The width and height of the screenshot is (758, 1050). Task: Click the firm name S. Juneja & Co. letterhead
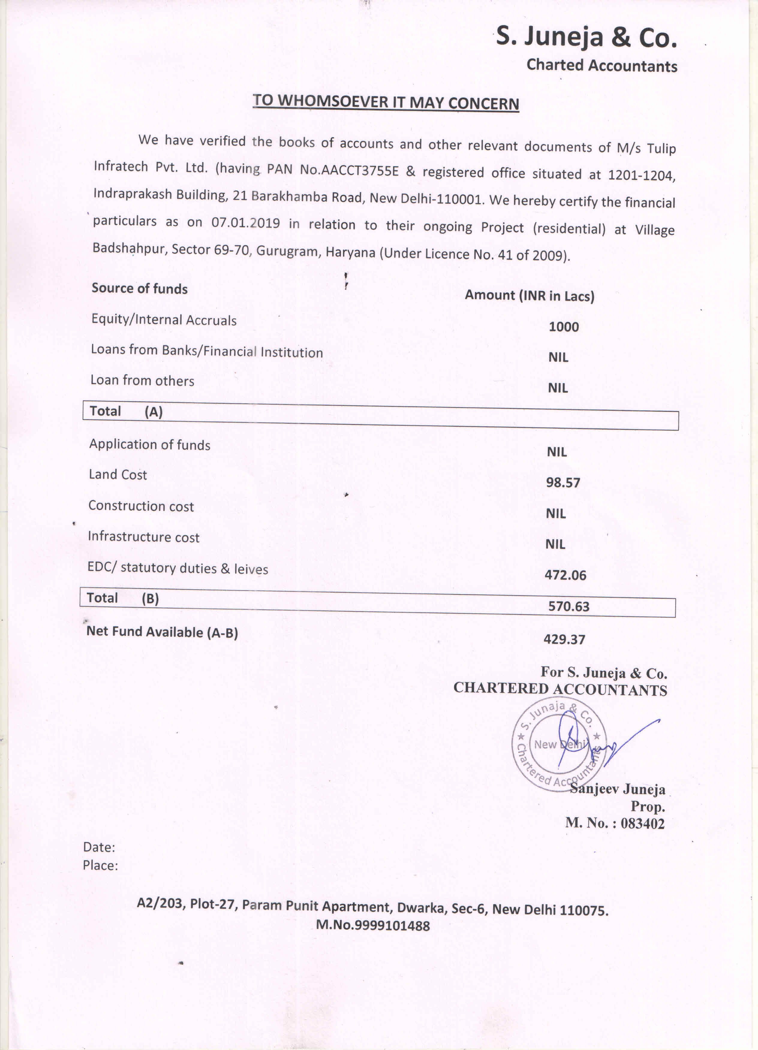586,37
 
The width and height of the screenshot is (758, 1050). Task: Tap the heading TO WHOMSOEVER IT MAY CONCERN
386,102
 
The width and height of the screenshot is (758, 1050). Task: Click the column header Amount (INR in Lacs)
530,295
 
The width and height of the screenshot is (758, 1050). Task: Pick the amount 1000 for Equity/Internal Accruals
563,327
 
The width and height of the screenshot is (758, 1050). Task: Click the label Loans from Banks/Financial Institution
207,351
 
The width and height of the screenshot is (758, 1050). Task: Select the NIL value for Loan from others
558,388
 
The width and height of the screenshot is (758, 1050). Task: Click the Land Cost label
118,475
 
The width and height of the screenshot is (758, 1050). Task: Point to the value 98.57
563,483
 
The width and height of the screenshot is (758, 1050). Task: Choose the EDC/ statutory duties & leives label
178,568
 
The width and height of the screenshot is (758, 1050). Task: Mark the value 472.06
565,575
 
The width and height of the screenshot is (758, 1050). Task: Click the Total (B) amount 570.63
568,607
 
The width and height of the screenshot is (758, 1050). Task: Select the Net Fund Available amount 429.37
564,639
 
